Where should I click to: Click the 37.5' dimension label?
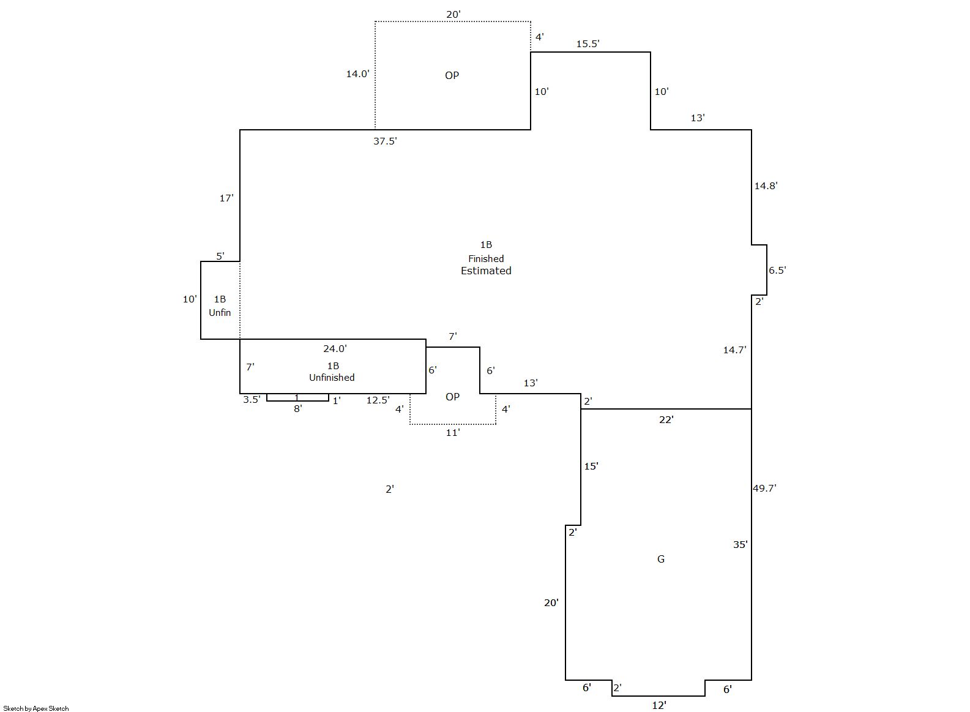[x=385, y=141]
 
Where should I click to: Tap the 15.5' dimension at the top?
[x=588, y=43]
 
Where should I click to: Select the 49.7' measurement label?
[x=765, y=488]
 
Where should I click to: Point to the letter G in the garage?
[x=661, y=559]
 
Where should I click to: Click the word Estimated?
[x=486, y=271]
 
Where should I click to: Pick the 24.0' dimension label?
[x=335, y=348]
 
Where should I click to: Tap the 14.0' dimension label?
[x=357, y=74]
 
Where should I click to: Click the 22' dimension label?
[x=666, y=419]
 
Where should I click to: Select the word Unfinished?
[x=332, y=378]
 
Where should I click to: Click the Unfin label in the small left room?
[x=220, y=313]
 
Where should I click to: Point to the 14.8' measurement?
[x=766, y=185]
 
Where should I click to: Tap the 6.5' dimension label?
[x=777, y=270]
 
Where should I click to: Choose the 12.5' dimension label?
[x=378, y=400]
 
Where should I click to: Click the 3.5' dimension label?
[x=252, y=400]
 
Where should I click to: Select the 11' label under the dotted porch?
[x=452, y=433]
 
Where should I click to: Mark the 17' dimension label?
[x=226, y=198]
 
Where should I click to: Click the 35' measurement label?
[x=740, y=545]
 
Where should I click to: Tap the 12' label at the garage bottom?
[x=658, y=705]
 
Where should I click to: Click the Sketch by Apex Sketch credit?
[x=36, y=708]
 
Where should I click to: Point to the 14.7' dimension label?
[x=734, y=350]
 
